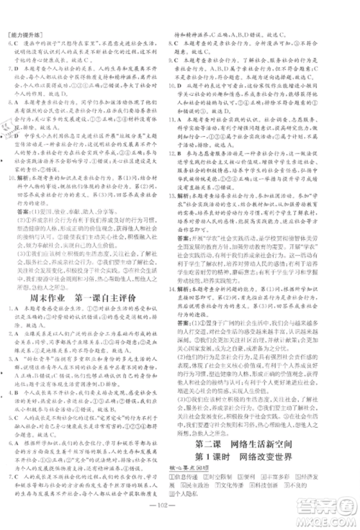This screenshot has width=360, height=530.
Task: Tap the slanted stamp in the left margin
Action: pyautogui.click(x=9, y=130)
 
